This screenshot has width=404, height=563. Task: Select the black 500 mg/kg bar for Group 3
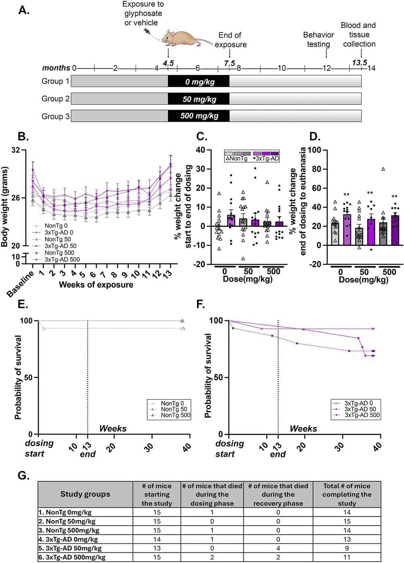click(199, 116)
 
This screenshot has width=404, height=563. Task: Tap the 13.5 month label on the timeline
click(359, 62)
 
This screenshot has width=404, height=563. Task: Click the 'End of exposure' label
click(230, 40)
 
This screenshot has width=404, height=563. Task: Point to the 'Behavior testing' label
click(318, 40)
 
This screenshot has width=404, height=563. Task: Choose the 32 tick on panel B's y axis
click(16, 150)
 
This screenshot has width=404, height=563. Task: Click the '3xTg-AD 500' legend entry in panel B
click(62, 260)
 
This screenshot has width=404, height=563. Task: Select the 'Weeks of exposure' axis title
click(96, 285)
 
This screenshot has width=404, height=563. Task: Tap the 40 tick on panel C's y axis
click(201, 150)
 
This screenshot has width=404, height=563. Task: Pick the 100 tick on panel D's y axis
click(314, 150)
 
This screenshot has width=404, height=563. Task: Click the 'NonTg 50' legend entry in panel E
click(174, 409)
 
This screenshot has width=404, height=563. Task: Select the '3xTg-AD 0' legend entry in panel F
click(358, 403)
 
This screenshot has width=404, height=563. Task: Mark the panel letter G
click(23, 475)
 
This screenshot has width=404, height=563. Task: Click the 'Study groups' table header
click(85, 494)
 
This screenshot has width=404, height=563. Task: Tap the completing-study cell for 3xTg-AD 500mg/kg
click(347, 557)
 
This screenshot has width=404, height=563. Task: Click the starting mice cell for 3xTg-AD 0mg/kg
click(157, 540)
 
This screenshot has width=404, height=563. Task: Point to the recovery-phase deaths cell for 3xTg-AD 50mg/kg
click(278, 548)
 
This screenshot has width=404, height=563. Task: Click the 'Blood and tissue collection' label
click(359, 35)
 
